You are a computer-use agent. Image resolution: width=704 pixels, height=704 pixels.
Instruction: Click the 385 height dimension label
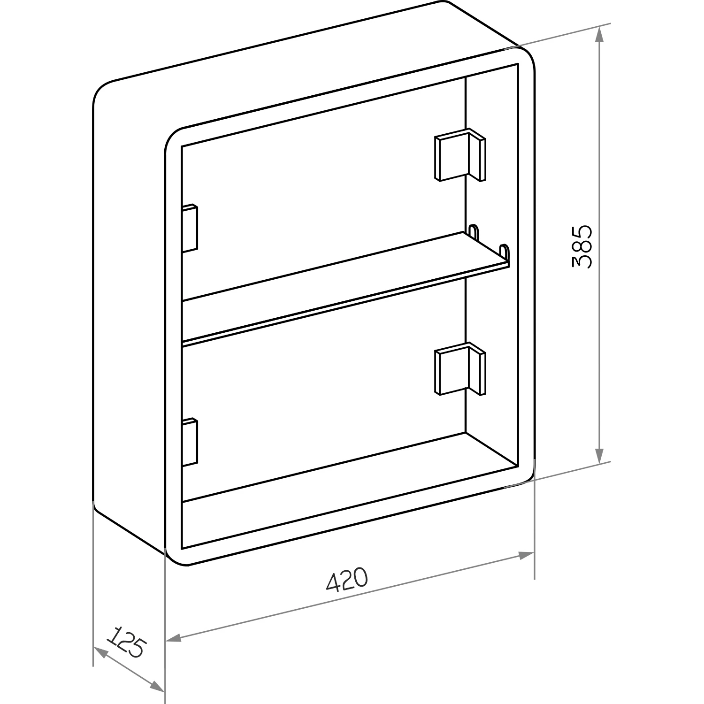coord(582,246)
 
